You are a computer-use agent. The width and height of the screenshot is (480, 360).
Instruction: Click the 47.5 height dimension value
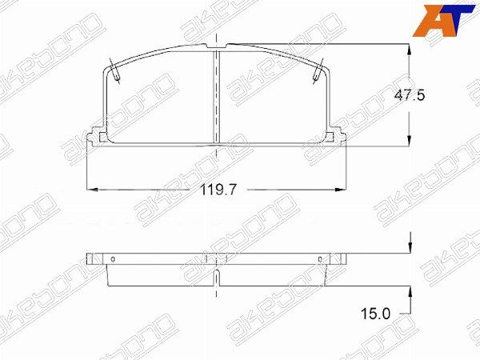click(410, 95)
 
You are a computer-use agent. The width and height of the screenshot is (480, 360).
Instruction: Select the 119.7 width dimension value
click(218, 190)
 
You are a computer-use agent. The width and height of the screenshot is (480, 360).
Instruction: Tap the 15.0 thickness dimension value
click(376, 314)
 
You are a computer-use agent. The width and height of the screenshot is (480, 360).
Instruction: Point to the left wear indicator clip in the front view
click(114, 71)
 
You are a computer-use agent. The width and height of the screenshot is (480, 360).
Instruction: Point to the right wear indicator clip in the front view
click(318, 71)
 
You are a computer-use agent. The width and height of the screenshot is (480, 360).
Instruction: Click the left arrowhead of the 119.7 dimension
click(93, 190)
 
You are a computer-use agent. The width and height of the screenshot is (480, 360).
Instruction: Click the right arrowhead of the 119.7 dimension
click(341, 190)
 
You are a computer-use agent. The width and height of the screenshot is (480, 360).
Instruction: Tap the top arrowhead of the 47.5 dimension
click(410, 50)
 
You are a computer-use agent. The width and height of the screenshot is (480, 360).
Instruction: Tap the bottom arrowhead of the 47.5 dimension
click(410, 141)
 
